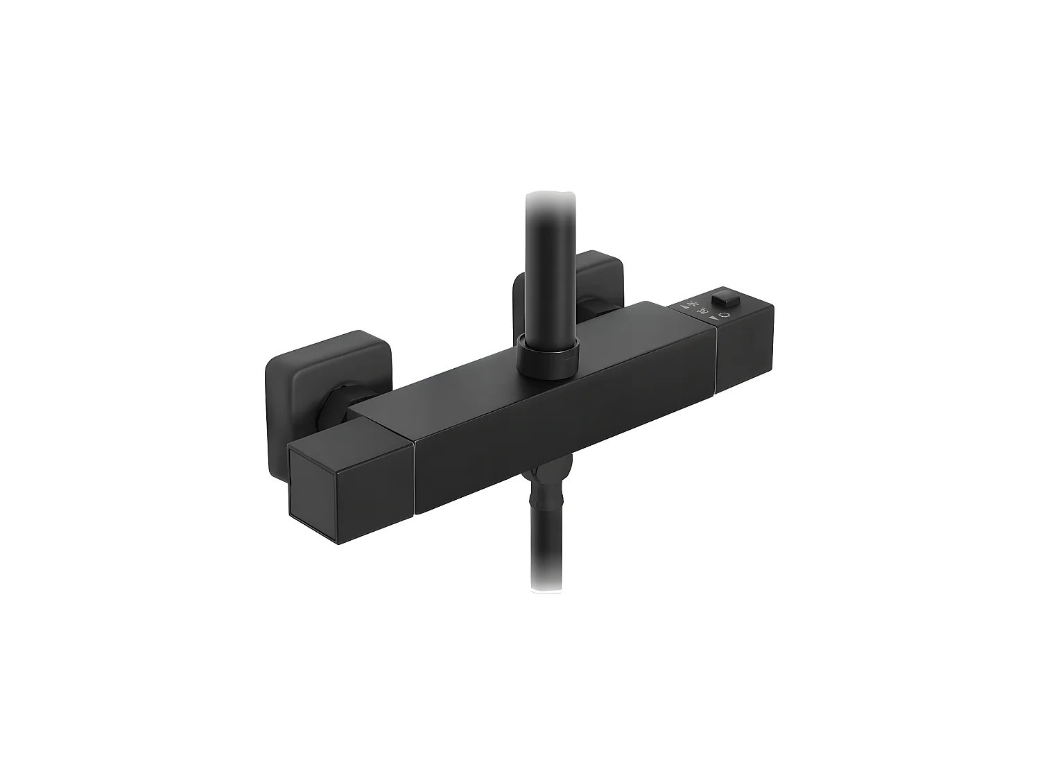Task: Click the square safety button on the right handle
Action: click(727, 301)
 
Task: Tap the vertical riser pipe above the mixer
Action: click(549, 270)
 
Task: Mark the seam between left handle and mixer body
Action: click(414, 478)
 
